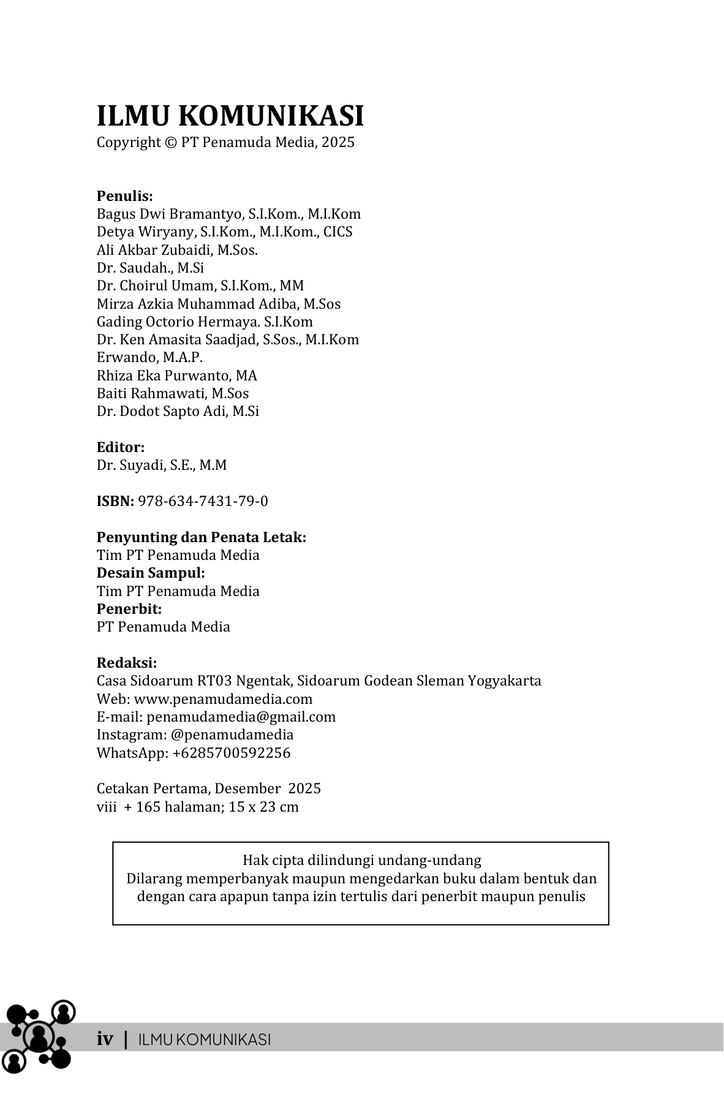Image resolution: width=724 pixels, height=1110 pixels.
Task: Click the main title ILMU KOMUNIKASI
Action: (x=230, y=116)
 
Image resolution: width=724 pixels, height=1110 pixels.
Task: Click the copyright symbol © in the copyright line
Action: (x=170, y=143)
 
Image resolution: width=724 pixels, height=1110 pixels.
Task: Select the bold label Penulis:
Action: (x=124, y=196)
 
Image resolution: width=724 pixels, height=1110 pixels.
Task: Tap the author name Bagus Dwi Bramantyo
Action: (x=170, y=214)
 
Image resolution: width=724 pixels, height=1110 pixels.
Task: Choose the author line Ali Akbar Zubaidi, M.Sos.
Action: (x=177, y=250)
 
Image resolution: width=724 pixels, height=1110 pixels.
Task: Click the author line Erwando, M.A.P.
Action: (x=149, y=357)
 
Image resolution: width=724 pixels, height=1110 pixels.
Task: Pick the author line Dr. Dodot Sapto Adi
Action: (x=178, y=411)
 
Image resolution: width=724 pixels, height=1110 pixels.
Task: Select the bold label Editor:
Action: (x=121, y=447)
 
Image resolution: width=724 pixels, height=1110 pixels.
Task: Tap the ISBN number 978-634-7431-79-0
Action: (x=203, y=501)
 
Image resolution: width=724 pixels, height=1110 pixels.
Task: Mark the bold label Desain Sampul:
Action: (x=151, y=573)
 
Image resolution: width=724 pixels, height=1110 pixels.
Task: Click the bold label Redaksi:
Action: (x=127, y=663)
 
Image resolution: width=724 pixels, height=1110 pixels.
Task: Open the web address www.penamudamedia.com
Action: (x=223, y=699)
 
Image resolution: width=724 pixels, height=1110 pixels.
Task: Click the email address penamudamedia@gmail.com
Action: (x=241, y=717)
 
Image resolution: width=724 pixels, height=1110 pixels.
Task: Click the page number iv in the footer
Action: (x=105, y=1039)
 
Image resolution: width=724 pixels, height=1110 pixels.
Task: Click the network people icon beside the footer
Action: (x=39, y=1035)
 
